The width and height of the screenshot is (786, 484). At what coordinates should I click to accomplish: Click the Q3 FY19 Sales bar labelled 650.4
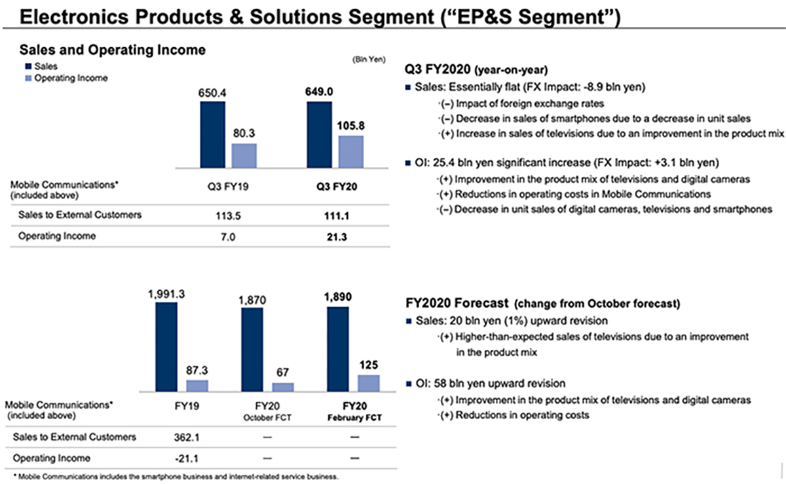212,135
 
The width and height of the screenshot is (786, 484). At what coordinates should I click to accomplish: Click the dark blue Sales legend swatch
28,66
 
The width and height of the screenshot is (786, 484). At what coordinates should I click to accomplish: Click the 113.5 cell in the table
229,215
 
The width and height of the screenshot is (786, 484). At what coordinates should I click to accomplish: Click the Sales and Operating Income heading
113,50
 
